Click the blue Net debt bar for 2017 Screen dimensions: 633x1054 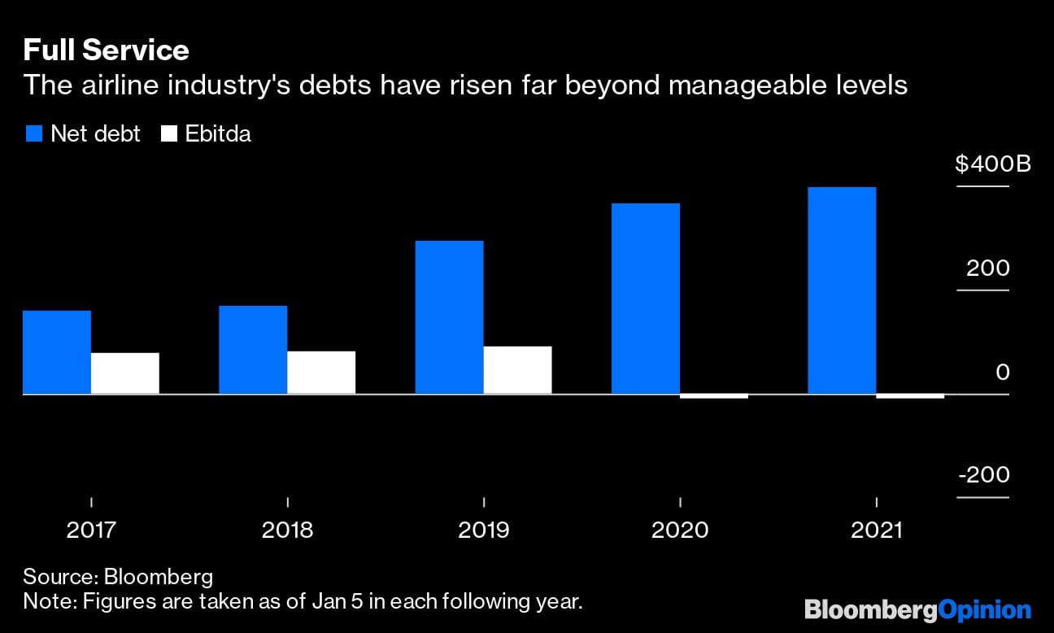tap(57, 352)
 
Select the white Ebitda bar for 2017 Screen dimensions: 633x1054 tap(124, 373)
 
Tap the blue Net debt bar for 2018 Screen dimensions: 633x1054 tap(253, 350)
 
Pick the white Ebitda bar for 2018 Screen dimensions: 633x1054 tap(321, 373)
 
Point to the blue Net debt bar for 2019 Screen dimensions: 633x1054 tap(449, 317)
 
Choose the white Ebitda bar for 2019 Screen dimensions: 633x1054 tap(517, 370)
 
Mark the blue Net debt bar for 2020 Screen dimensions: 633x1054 tap(646, 299)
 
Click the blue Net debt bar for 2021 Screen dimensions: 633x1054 tap(842, 290)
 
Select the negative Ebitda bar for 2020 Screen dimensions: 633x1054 tap(713, 396)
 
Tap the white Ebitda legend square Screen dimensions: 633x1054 tap(169, 134)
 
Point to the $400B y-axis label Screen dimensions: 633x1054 tap(992, 164)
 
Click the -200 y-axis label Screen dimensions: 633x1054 tap(984, 475)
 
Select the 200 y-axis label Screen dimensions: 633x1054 tap(987, 268)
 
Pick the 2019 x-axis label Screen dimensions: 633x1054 tap(483, 530)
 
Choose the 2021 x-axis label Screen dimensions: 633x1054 tap(876, 530)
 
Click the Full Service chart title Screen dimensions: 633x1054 tap(106, 50)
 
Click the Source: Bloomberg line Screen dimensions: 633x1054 tap(118, 578)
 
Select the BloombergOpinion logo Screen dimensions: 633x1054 tap(917, 609)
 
